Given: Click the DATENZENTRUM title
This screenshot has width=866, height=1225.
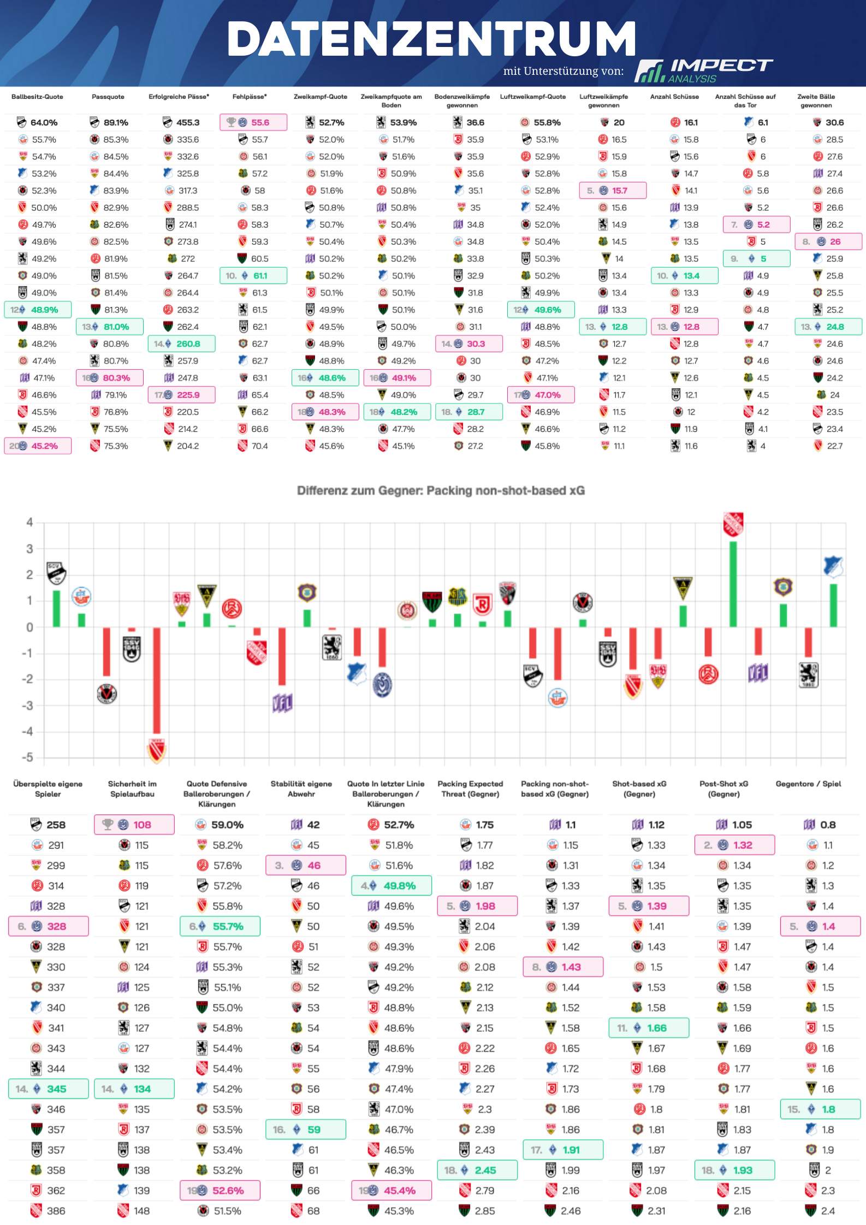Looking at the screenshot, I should [x=431, y=39].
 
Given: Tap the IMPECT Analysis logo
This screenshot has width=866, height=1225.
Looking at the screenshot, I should [x=703, y=70].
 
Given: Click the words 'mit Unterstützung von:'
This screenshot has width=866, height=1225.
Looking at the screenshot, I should [x=563, y=71].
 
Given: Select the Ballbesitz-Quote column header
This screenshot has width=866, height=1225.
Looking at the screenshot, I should [x=37, y=97].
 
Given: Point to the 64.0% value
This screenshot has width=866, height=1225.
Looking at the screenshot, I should [x=44, y=122].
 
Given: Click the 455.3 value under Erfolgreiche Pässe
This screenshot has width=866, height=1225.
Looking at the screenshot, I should [x=188, y=122].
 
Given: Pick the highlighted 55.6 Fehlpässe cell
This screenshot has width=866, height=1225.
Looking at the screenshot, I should [x=253, y=122].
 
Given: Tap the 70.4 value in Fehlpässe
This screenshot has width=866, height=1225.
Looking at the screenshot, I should [x=259, y=446].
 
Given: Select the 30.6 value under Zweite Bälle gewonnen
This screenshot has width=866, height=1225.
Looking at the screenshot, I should [x=834, y=122].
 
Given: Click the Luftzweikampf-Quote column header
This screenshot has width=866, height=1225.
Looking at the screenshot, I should [x=532, y=97].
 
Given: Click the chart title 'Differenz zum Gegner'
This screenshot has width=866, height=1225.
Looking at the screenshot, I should [x=441, y=490].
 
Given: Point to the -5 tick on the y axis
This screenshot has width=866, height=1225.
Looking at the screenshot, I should [x=27, y=758].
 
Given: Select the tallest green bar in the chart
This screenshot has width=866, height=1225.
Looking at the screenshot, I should [x=733, y=584].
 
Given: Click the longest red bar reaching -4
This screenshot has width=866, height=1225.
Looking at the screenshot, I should [x=157, y=680].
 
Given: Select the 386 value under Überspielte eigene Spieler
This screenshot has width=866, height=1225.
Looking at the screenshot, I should [x=56, y=1211].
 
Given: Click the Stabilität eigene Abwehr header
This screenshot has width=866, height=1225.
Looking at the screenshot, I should [x=301, y=789].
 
